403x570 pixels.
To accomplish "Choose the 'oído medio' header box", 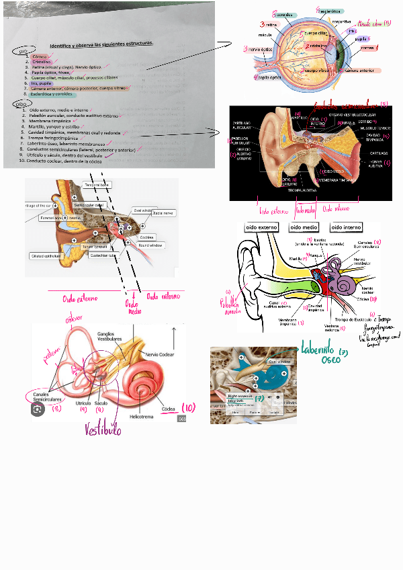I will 304,228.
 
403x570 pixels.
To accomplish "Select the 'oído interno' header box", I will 347,228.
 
